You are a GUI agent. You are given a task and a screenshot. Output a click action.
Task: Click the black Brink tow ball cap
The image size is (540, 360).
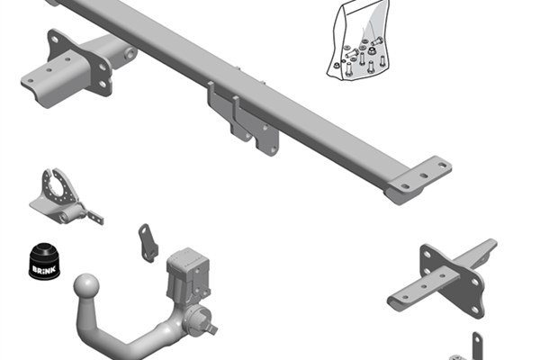(44, 262)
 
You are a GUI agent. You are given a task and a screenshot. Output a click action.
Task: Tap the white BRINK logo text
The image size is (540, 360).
(44, 269)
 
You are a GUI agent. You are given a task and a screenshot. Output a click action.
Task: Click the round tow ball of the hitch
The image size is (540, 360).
(86, 285)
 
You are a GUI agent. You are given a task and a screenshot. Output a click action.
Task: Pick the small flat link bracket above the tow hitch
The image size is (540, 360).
(148, 243)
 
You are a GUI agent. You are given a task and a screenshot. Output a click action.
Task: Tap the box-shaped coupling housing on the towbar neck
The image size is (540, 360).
(188, 274)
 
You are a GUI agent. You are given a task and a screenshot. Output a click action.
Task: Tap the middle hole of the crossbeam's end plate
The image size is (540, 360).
(424, 176)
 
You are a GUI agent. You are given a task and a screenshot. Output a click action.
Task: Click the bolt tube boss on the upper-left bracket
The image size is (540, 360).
(130, 54)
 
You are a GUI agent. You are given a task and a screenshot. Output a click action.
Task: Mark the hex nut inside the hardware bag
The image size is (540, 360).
(372, 51)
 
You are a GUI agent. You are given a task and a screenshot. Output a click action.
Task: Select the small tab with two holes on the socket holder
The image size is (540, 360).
(94, 216)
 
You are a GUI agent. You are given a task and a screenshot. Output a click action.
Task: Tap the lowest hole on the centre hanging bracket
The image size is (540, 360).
(273, 150)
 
